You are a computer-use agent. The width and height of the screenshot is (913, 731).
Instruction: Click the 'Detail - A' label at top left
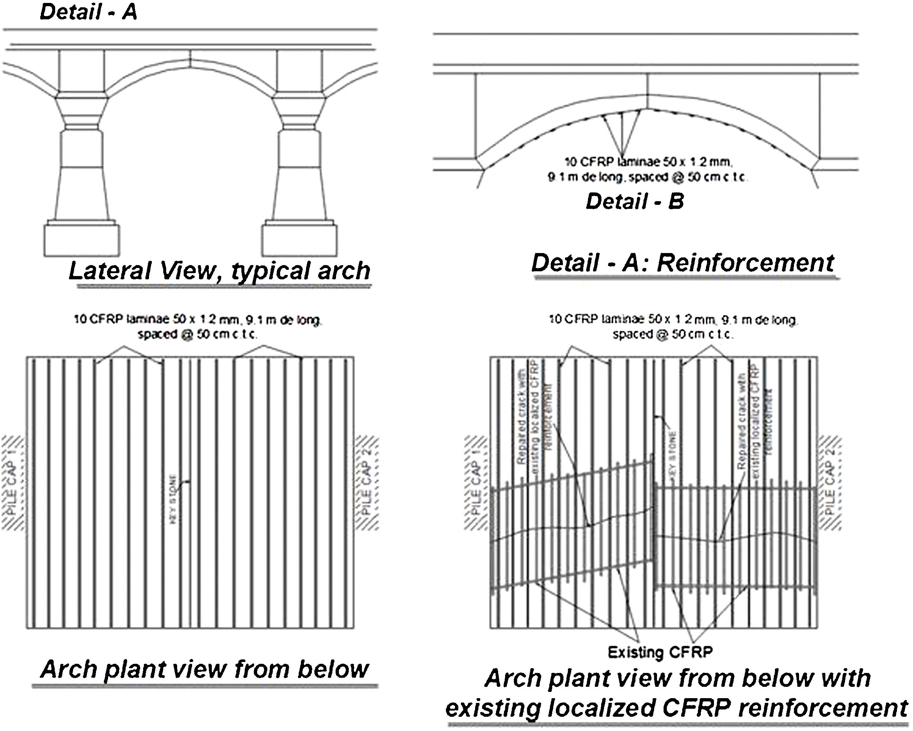pyautogui.click(x=88, y=12)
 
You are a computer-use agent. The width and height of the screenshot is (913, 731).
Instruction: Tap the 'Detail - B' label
pyautogui.click(x=634, y=201)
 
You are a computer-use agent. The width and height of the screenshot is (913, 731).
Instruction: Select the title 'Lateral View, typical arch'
pyautogui.click(x=219, y=271)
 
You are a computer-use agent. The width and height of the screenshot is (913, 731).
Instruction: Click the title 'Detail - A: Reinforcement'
pyautogui.click(x=683, y=263)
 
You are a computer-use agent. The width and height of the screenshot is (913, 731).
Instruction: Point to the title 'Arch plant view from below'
pyautogui.click(x=205, y=669)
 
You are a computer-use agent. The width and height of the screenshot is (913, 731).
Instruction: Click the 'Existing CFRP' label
pyautogui.click(x=660, y=652)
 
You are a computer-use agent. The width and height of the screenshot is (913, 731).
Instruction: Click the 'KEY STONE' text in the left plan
pyautogui.click(x=173, y=500)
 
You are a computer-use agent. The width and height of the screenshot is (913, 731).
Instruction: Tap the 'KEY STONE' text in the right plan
pyautogui.click(x=674, y=451)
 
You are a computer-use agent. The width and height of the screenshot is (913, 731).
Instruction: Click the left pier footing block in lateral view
pyautogui.click(x=82, y=240)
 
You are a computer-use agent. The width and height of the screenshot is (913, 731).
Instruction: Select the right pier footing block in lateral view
pyautogui.click(x=299, y=240)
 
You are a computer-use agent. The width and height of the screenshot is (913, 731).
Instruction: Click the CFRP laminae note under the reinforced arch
pyautogui.click(x=647, y=169)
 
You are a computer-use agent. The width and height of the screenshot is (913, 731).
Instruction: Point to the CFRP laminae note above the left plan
pyautogui.click(x=198, y=327)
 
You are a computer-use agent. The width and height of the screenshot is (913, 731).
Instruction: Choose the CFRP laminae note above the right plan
pyautogui.click(x=673, y=327)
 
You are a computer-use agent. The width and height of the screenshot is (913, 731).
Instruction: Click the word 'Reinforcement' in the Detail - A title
pyautogui.click(x=745, y=263)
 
